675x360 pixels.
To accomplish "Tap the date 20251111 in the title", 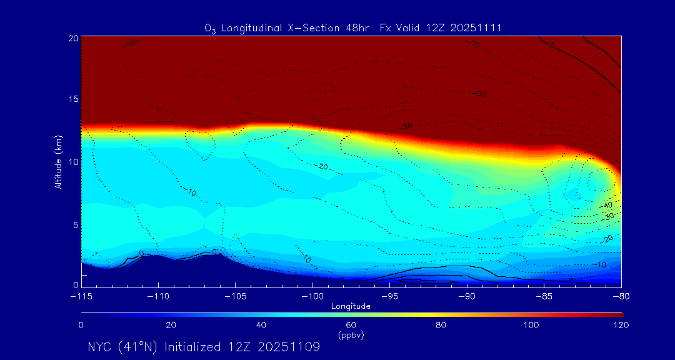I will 477,28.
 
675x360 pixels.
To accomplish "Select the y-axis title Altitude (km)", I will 59,162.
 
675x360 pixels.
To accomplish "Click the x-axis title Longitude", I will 351,306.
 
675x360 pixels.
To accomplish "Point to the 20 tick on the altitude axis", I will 72,38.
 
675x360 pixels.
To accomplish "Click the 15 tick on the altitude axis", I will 72,100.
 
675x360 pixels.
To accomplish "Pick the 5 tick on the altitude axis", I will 75,224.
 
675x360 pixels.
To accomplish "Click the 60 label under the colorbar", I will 351,325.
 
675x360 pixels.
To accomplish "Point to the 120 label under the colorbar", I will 621,325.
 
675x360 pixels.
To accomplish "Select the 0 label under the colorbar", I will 81,325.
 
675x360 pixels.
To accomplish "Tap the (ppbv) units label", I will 351,335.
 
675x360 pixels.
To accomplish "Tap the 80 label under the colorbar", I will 442,325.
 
